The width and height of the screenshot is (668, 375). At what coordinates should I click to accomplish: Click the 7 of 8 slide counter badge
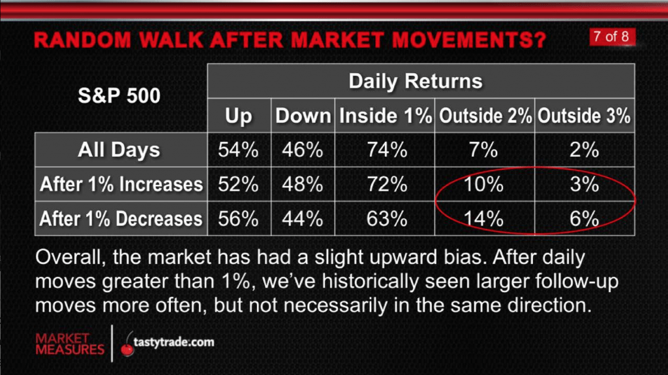(612, 37)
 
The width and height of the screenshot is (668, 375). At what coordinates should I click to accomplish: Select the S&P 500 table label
(119, 95)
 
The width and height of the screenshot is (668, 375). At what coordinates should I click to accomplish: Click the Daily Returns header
(416, 81)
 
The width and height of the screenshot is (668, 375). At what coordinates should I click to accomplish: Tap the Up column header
(239, 116)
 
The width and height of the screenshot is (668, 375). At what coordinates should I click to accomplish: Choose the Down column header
(303, 116)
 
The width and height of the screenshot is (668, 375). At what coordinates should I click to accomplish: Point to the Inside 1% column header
(385, 116)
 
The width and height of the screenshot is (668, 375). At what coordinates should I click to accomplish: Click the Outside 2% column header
(485, 116)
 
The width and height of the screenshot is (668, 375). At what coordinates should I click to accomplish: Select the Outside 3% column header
(584, 116)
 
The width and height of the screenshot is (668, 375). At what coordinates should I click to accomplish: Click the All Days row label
(119, 150)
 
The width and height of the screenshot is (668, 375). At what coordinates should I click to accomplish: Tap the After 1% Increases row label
(121, 184)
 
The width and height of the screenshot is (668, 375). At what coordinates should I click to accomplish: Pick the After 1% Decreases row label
(121, 219)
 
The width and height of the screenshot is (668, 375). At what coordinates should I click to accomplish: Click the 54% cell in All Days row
(239, 150)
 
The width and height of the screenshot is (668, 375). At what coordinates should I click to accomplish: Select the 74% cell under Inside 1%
(387, 150)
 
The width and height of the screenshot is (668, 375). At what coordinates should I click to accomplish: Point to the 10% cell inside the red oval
(483, 184)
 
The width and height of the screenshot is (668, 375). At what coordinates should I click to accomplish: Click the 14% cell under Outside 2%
(483, 219)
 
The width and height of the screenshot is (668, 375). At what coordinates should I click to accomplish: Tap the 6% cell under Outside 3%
(584, 219)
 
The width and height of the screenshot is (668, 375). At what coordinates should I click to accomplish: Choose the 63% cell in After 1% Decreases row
(387, 219)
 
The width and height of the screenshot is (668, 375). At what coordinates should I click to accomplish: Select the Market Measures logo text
(70, 344)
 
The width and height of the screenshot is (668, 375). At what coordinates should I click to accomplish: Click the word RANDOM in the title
(83, 40)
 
